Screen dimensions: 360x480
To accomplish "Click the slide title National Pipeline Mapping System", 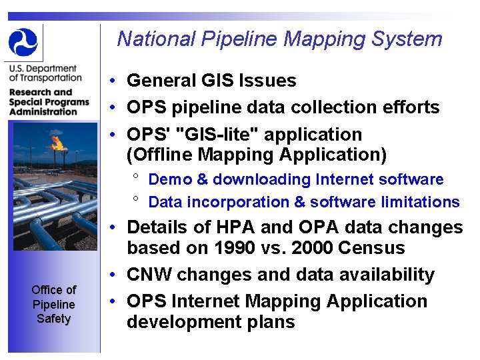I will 279,39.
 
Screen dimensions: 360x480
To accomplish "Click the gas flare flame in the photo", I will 57,142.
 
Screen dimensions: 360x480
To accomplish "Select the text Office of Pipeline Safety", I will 53,304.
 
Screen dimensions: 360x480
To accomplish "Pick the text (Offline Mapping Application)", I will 257,155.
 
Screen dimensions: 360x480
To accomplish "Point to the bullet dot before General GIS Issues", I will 115,81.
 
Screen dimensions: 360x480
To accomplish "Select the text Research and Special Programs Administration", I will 49,102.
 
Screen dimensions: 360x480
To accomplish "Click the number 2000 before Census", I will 311,248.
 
